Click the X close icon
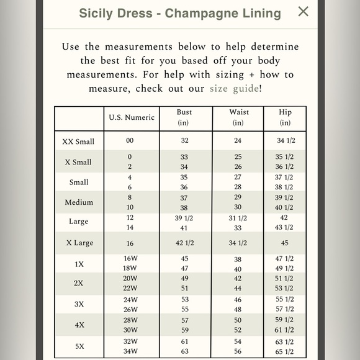pyautogui.click(x=303, y=11)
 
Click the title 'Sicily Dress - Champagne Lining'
pyautogui.click(x=180, y=13)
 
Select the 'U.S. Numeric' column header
pyautogui.click(x=132, y=117)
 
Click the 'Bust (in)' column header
pyautogui.click(x=184, y=117)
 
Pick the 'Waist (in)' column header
pyautogui.click(x=238, y=117)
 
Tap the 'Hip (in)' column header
pyautogui.click(x=285, y=117)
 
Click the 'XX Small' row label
pyautogui.click(x=78, y=142)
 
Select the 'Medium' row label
pyautogui.click(x=79, y=202)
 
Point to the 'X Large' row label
pyautogui.click(x=79, y=243)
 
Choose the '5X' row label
pyautogui.click(x=79, y=346)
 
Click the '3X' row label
pyautogui.click(x=79, y=305)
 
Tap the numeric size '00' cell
pyautogui.click(x=130, y=141)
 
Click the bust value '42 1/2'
pyautogui.click(x=184, y=243)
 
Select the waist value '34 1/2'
pyautogui.click(x=238, y=243)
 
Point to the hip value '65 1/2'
pyautogui.click(x=285, y=352)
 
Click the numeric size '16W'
pyautogui.click(x=130, y=258)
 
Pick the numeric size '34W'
pyautogui.click(x=130, y=352)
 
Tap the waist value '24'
pyautogui.click(x=238, y=141)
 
